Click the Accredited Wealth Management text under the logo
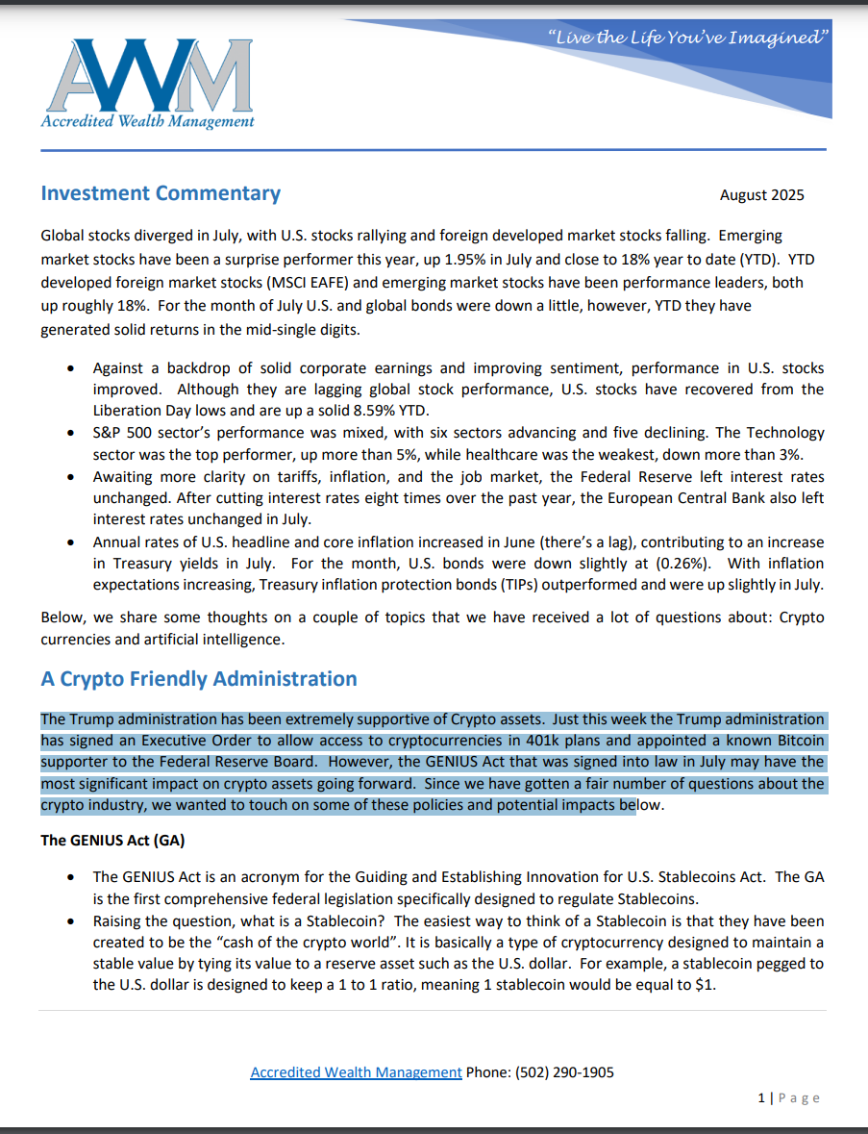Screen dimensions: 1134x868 147,121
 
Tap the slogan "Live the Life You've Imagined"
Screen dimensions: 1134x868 688,38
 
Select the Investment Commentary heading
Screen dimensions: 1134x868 161,193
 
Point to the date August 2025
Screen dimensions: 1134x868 761,195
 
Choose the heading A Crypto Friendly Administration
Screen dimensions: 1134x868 198,679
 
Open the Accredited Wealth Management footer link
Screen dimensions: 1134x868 356,1071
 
